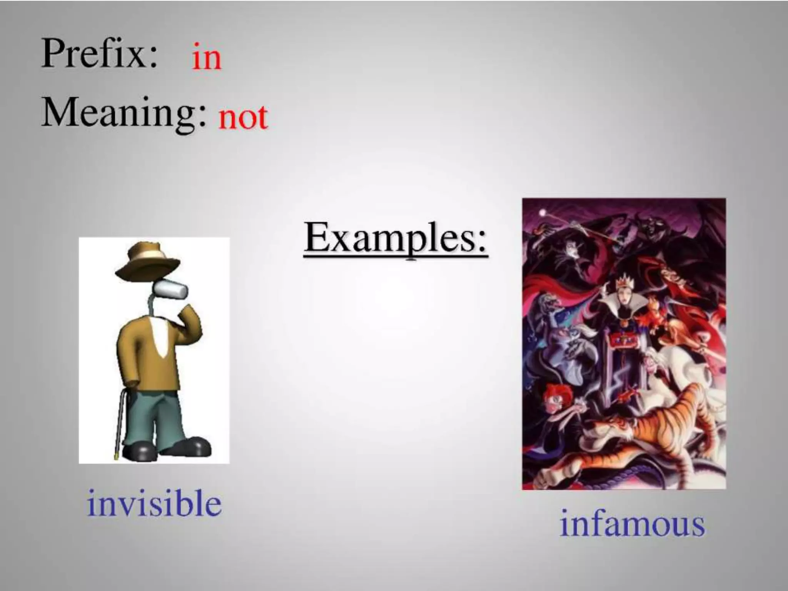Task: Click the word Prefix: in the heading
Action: [x=99, y=55]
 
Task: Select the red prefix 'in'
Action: [x=207, y=58]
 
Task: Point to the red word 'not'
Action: [x=243, y=117]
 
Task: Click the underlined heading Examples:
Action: [x=396, y=239]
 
